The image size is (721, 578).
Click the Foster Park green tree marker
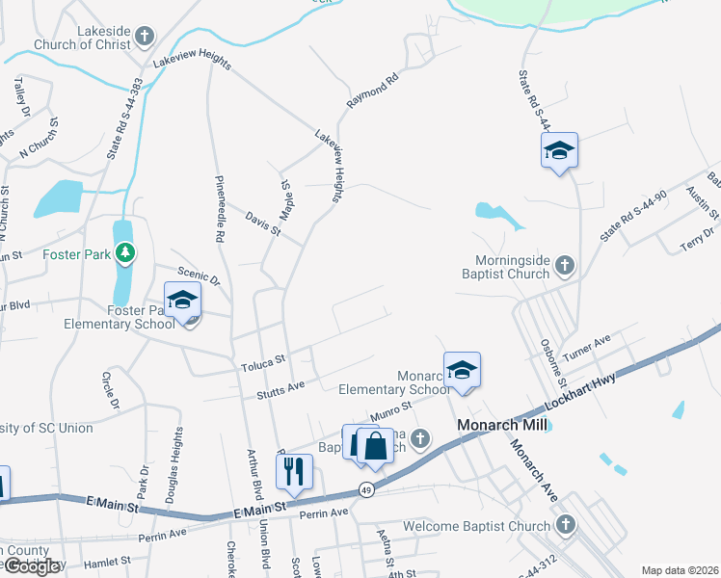(124, 253)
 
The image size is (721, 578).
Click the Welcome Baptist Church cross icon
(566, 525)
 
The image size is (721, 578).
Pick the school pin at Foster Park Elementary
(182, 302)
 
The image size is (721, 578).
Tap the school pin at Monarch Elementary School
(463, 370)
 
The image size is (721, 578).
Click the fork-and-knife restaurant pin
(294, 472)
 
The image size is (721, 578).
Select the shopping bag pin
(376, 445)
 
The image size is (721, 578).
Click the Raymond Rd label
(372, 92)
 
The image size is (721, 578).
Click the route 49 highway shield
(365, 490)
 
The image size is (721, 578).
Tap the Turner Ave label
(587, 348)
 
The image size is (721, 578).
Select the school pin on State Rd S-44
(559, 151)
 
